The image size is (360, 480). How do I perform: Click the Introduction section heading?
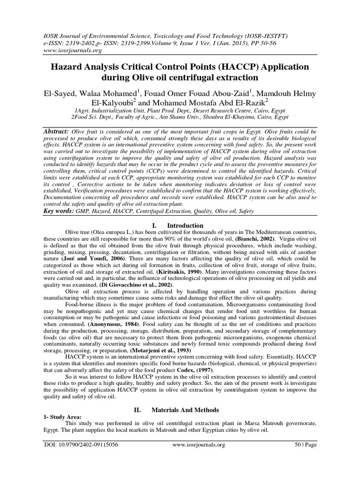[x=186, y=225]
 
